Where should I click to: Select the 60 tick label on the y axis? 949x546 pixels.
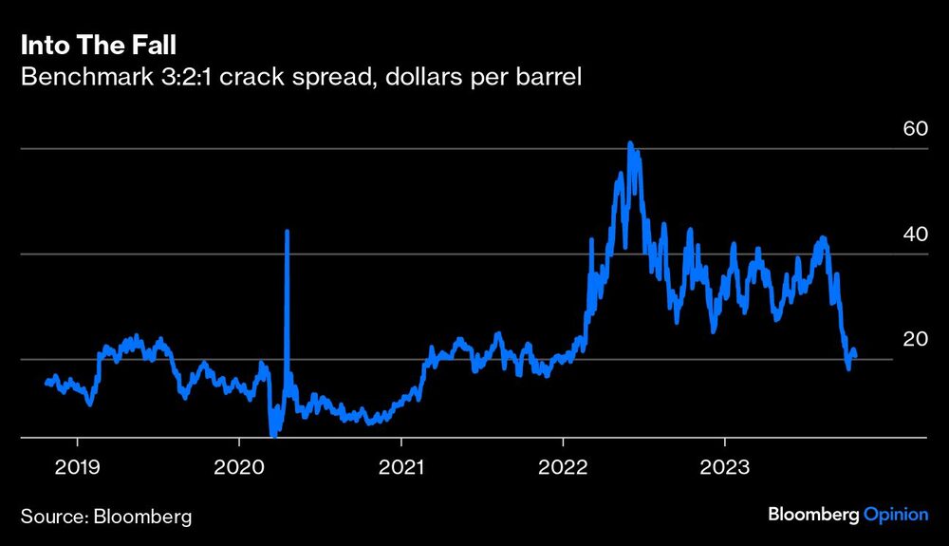914,129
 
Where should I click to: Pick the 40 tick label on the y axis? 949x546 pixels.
914,235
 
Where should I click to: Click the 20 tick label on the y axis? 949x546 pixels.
914,340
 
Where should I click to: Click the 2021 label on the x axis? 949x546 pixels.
401,468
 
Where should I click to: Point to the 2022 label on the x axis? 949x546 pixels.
563,468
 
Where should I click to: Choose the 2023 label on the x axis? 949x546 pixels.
725,468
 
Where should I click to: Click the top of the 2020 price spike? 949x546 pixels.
287,231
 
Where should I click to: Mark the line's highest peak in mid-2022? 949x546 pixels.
630,143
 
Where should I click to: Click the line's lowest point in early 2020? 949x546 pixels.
272,435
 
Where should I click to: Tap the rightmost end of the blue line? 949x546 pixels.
855,353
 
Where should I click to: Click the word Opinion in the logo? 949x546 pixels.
895,515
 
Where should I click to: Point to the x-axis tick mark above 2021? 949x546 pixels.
401,443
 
